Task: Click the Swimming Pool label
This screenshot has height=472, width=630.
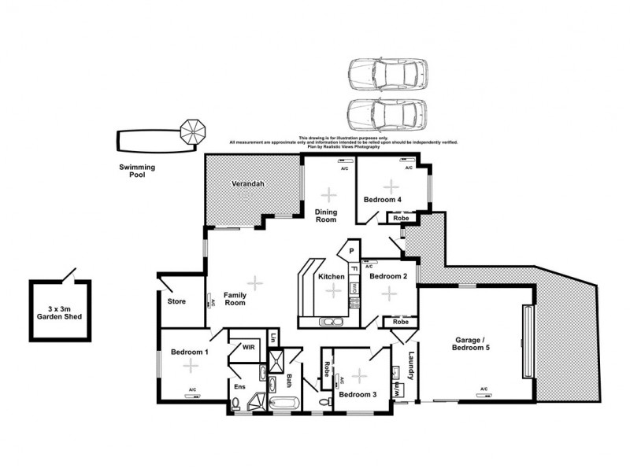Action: coord(137,171)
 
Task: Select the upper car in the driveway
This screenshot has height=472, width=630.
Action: coord(387,75)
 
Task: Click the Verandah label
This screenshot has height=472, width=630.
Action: coord(246,184)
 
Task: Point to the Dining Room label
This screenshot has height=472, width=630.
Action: coord(326,216)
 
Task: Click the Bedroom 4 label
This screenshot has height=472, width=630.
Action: coord(384,200)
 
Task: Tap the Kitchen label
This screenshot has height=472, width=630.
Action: coord(332,277)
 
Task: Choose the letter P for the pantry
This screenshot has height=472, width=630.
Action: coord(351,252)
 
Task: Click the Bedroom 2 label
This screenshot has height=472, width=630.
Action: coord(388,276)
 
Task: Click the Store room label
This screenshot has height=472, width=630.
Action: coord(176,301)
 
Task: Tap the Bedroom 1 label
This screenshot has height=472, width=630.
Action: coord(190,352)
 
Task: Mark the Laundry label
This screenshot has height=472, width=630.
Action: coord(410,364)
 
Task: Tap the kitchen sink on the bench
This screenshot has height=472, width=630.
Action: coord(329,321)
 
